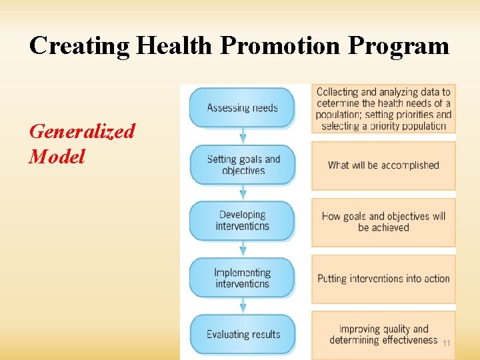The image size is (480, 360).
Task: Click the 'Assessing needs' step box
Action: point(242,107)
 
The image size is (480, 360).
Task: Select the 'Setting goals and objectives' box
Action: point(243,165)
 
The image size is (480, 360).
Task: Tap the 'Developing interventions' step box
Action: point(242,221)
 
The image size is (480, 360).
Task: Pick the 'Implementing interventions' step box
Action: point(242,278)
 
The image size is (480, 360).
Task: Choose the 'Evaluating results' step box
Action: point(243,334)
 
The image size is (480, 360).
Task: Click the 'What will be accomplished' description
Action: point(383,165)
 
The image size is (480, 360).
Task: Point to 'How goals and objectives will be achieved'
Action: point(383,221)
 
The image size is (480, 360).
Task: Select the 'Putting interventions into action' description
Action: point(383,279)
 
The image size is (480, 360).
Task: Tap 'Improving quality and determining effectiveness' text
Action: point(383,334)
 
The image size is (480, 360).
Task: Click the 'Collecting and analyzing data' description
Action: point(383,109)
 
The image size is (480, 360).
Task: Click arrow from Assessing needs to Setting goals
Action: point(243,136)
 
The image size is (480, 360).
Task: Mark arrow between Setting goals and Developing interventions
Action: point(243,193)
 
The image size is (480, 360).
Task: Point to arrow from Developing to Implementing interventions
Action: point(243,249)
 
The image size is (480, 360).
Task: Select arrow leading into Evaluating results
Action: point(243,306)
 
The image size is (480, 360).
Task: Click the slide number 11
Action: point(447,343)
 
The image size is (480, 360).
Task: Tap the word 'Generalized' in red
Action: point(82,131)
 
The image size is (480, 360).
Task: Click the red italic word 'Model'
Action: point(57,157)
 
